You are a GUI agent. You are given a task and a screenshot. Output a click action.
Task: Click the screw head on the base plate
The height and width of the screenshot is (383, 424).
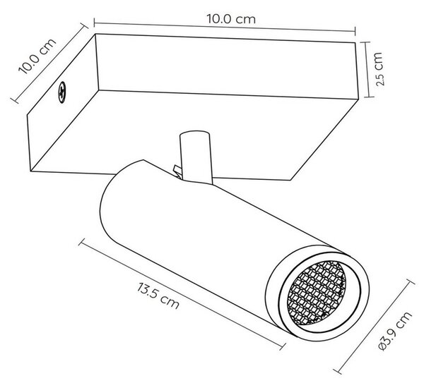tap(62, 92)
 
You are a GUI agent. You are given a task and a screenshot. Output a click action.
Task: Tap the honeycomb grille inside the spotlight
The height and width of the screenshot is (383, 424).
tap(317, 293)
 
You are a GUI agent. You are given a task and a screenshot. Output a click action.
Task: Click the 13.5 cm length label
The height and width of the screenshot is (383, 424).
tap(158, 296)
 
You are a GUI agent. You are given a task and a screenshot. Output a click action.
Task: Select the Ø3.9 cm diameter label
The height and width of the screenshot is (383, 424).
tap(395, 331)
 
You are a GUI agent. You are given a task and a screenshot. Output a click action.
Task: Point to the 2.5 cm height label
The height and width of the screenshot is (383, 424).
tap(379, 69)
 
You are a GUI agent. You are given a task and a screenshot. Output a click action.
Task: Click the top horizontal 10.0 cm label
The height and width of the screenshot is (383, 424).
tap(231, 19)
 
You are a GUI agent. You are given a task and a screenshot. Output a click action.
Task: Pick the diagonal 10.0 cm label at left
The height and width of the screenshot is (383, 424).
tap(37, 56)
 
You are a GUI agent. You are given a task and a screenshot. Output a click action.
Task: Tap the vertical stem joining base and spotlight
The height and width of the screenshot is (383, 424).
tap(196, 158)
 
